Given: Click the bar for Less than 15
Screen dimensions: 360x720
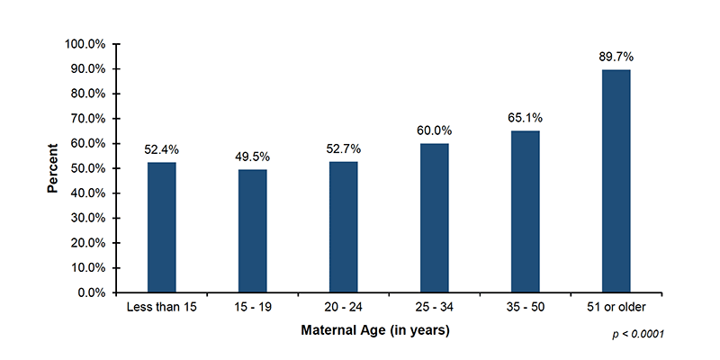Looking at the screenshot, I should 162,228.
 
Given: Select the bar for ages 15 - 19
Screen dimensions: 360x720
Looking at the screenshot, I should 253,231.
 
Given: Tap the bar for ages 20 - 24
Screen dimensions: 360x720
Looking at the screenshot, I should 343,227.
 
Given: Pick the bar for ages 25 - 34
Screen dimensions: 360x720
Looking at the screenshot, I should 434,218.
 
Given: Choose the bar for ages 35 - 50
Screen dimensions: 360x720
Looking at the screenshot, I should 525,211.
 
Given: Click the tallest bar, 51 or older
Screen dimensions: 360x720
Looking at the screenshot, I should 616,181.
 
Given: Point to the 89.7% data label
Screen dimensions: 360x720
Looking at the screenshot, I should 616,57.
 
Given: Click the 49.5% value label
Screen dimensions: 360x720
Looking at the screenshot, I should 253,157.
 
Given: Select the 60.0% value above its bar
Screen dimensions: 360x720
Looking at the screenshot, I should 434,130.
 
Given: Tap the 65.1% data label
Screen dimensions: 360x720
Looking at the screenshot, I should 525,118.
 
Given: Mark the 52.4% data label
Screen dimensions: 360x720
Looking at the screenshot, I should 162,149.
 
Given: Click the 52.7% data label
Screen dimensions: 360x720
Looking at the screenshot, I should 343,148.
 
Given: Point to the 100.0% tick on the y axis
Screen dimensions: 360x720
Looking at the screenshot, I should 86,44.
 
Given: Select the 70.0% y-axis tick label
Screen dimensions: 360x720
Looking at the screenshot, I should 89,119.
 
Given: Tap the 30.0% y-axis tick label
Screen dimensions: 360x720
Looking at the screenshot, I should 89,218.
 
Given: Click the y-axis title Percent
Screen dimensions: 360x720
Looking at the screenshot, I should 53,168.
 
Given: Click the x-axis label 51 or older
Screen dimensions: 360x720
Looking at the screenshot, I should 616,308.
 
